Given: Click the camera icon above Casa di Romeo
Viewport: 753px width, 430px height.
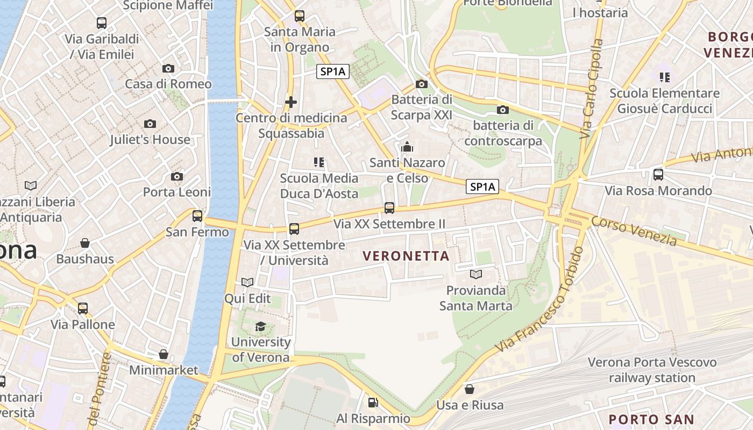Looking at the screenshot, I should pyautogui.click(x=168, y=68).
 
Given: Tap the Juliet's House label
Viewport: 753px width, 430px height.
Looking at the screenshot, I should pyautogui.click(x=150, y=140).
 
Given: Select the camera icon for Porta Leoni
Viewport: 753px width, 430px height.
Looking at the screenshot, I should pyautogui.click(x=176, y=176).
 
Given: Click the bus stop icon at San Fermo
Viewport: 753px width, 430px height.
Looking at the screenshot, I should pyautogui.click(x=197, y=216).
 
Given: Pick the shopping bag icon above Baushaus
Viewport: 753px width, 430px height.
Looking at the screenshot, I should pyautogui.click(x=84, y=243).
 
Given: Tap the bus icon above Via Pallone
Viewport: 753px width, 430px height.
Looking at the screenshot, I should pyautogui.click(x=82, y=309).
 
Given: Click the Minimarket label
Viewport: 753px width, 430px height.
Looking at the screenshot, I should pyautogui.click(x=164, y=370).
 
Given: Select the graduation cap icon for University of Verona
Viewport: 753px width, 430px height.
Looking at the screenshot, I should pyautogui.click(x=260, y=326).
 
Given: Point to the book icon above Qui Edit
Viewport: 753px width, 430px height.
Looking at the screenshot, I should pyautogui.click(x=247, y=282).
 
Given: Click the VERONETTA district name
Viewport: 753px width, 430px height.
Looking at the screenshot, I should pyautogui.click(x=406, y=256).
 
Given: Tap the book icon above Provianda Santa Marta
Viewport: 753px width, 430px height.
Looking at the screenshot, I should pyautogui.click(x=475, y=275).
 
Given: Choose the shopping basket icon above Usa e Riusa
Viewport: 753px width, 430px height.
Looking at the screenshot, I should pyautogui.click(x=470, y=389).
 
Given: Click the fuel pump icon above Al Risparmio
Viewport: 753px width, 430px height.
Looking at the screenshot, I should pyautogui.click(x=373, y=403).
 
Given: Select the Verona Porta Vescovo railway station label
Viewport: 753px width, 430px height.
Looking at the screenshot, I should pyautogui.click(x=652, y=370).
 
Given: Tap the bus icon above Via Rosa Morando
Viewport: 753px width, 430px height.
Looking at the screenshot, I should pyautogui.click(x=658, y=175).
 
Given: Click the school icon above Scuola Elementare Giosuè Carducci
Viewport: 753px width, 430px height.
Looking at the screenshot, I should pyautogui.click(x=664, y=77).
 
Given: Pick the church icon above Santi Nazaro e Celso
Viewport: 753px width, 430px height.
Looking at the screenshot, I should pyautogui.click(x=407, y=147).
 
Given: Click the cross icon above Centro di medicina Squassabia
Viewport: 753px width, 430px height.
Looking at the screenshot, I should pyautogui.click(x=291, y=102).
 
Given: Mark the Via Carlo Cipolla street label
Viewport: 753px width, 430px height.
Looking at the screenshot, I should pyautogui.click(x=592, y=89).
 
